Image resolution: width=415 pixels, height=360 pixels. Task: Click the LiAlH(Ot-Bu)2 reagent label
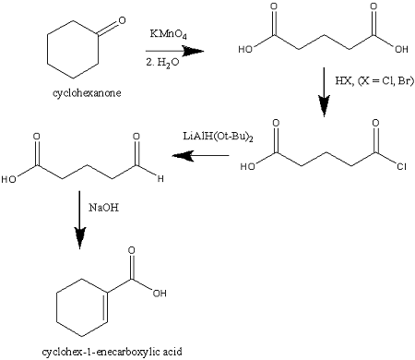[x=219, y=138]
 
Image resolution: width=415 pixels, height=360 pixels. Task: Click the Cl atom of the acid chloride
[x=388, y=169]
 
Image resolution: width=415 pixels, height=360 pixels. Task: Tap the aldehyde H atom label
[x=160, y=179]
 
